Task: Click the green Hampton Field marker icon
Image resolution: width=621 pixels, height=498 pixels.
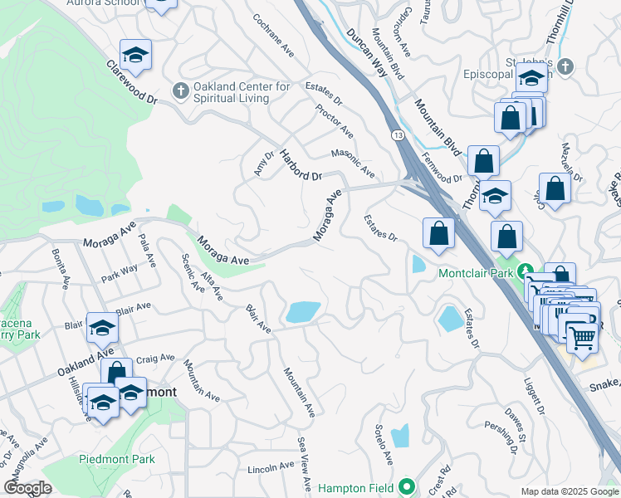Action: click(x=407, y=486)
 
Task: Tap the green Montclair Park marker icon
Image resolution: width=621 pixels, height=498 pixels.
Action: click(x=525, y=271)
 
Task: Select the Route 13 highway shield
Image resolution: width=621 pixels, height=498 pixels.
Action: click(x=399, y=134)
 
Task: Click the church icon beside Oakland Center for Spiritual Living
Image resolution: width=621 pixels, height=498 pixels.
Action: click(x=179, y=90)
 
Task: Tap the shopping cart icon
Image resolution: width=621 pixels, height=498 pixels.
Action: click(x=582, y=336)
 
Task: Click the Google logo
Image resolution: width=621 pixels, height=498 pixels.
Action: click(x=27, y=488)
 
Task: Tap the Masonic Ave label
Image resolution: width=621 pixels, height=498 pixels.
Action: click(x=353, y=163)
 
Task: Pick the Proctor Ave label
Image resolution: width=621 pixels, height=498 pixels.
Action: click(x=335, y=121)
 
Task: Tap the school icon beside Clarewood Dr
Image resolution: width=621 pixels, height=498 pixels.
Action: click(x=135, y=56)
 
